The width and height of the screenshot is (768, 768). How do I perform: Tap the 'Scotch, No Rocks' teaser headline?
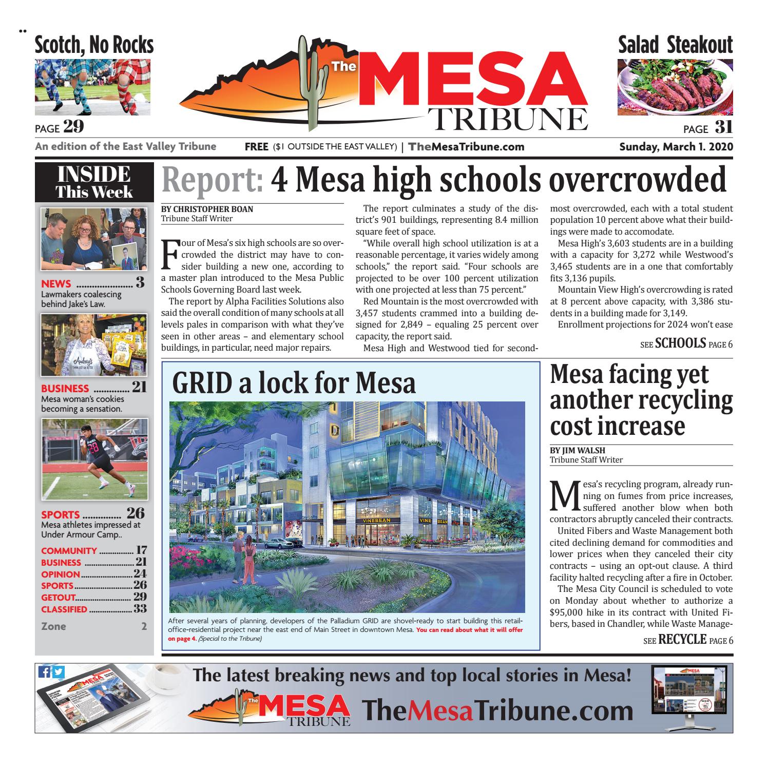coord(94,45)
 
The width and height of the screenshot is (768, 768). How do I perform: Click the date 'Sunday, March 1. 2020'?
coord(676,147)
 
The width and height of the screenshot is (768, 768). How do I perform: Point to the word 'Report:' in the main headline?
coord(213,180)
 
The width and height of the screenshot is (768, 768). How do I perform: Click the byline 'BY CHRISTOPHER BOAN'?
coord(207,209)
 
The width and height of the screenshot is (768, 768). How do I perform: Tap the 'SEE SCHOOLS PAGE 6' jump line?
coord(686,343)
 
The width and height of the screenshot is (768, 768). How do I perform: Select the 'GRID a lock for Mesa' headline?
coord(294,382)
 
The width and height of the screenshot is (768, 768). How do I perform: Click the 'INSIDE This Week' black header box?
coord(94,183)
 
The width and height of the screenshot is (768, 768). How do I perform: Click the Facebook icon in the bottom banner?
coord(45,673)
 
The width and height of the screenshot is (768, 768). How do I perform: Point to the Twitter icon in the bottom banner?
coord(59,673)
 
